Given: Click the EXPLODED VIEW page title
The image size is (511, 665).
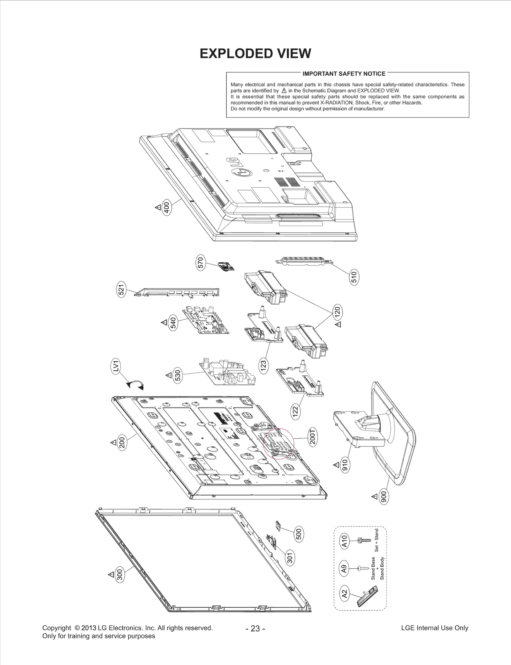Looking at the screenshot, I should [x=255, y=54].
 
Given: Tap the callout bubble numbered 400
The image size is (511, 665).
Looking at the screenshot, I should [x=166, y=207].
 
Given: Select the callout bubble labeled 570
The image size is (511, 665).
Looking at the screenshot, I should [x=201, y=263].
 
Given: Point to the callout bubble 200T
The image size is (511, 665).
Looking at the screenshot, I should [x=312, y=437].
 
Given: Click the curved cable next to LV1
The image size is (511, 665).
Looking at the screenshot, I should [x=135, y=384].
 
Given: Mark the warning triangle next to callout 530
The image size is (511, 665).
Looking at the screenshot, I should [x=168, y=375].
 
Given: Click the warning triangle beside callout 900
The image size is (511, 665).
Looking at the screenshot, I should [x=374, y=497].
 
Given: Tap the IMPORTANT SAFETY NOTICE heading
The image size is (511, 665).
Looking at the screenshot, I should [x=344, y=74].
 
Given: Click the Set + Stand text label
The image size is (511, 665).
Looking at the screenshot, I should [x=377, y=540].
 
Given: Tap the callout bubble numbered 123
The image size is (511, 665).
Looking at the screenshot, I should [x=263, y=365].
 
